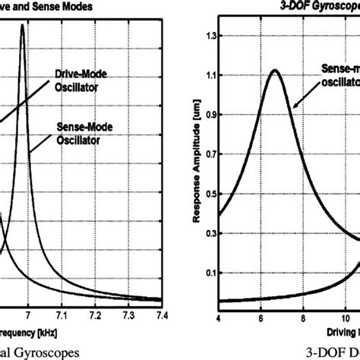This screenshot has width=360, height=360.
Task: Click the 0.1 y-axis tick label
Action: coord(205,273)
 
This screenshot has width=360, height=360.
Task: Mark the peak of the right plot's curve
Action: coord(275,71)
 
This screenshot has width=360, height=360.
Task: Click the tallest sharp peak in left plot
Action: coord(22,25)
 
